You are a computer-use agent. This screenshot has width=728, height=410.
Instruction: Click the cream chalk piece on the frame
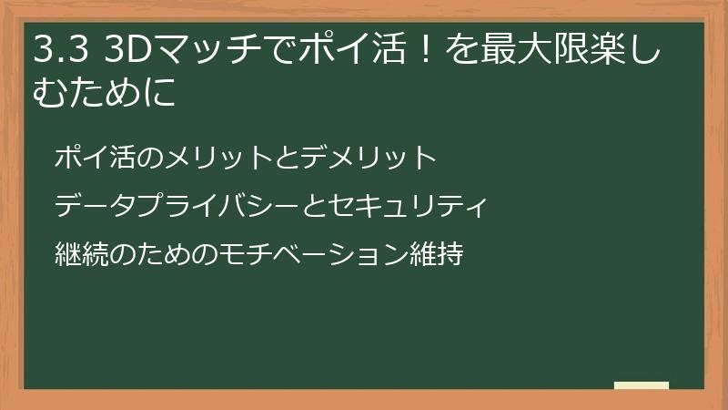pyautogui.click(x=642, y=385)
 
